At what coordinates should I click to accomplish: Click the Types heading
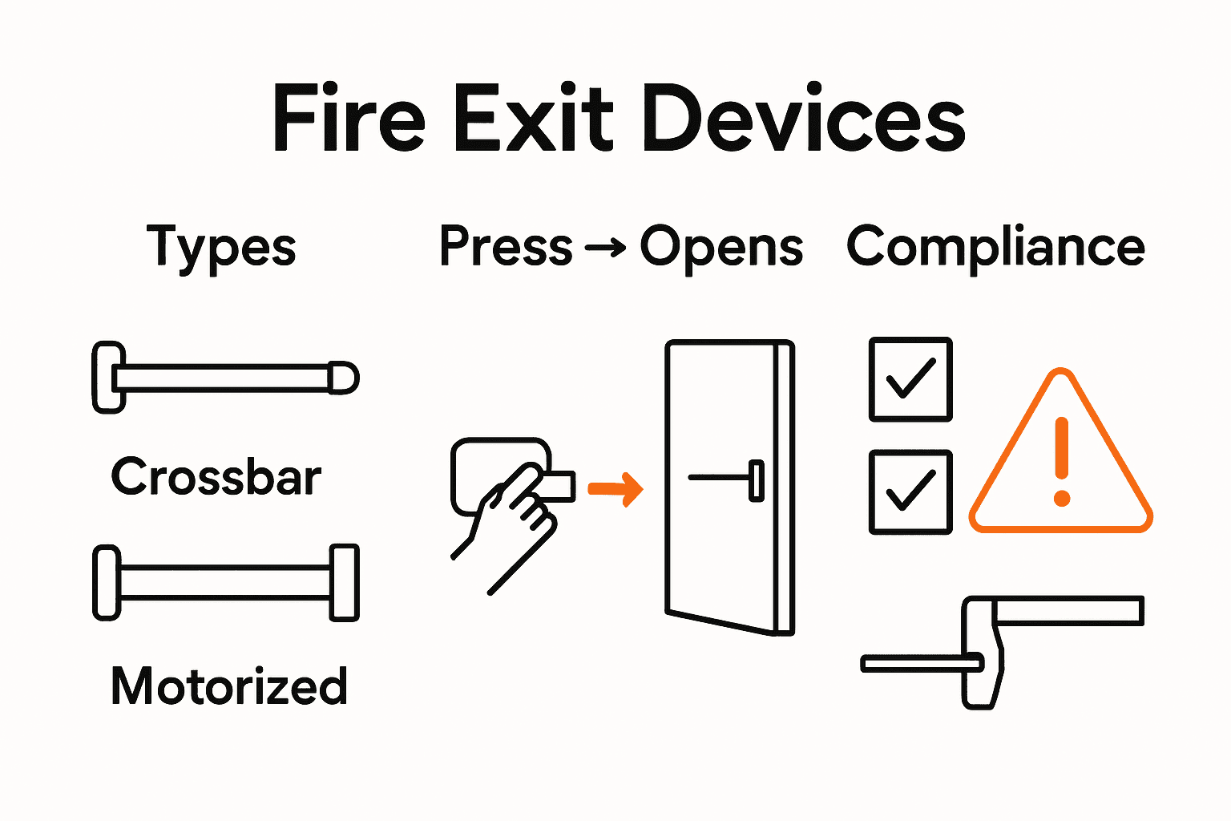point(221,247)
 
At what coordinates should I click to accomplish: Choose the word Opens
point(721,247)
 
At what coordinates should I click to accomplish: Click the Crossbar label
point(216,477)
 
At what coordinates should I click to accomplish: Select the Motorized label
point(229,686)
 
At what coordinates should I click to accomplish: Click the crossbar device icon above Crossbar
point(225,378)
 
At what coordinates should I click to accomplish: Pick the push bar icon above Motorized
point(225,582)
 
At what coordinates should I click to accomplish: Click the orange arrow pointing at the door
point(615,488)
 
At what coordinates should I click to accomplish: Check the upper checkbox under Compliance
point(910,379)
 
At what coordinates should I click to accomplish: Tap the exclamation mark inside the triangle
point(1062,461)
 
